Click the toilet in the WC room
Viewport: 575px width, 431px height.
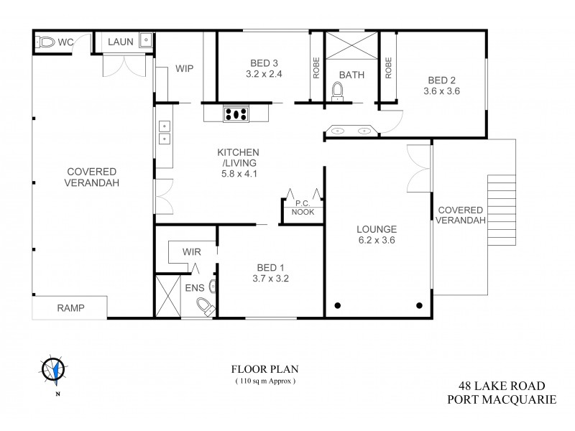47,42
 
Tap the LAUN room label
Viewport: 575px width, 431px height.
121,42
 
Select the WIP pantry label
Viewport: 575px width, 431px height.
185,69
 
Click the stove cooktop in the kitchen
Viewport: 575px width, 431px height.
236,113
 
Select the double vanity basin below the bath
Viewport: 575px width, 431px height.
350,131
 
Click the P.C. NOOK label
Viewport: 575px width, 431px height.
301,208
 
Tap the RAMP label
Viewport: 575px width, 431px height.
70,308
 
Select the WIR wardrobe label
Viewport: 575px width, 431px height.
192,252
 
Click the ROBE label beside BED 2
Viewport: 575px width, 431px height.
387,66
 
